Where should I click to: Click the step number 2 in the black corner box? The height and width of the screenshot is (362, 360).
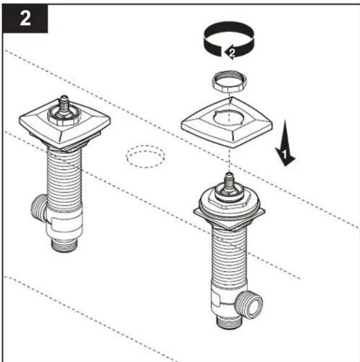click(25, 18)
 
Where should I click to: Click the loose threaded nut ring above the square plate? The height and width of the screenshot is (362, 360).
click(229, 82)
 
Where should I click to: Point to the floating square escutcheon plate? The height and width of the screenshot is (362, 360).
click(227, 122)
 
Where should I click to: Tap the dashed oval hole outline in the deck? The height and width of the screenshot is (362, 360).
click(145, 157)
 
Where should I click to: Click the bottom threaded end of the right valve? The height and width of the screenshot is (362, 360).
click(229, 322)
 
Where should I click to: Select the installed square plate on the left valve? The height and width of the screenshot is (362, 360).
click(65, 130)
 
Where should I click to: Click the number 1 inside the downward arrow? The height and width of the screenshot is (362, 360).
click(285, 154)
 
